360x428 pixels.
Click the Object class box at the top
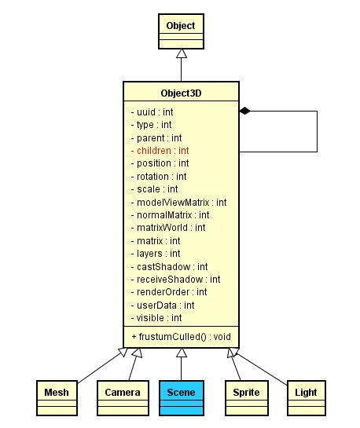pos(181,31)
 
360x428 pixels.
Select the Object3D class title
pos(181,93)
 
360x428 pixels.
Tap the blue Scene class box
pos(182,398)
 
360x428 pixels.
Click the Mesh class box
pos(57,398)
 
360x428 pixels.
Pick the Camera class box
pos(123,398)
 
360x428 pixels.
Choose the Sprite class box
pos(247,398)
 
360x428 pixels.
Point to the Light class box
pos(307,398)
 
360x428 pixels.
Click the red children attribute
pos(160,151)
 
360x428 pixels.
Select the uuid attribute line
pos(152,112)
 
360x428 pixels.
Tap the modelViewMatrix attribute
pos(179,203)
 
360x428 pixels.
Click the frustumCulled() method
pos(182,337)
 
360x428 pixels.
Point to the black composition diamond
pos(244,111)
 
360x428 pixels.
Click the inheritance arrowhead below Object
pos(182,53)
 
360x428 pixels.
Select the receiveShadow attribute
pos(175,280)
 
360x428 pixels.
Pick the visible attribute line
pos(156,318)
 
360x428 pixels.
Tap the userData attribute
pos(163,305)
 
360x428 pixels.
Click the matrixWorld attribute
pos(168,228)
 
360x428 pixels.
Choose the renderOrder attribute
pos(169,292)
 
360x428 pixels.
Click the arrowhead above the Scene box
pos(182,353)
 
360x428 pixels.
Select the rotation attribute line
pos(159,177)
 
